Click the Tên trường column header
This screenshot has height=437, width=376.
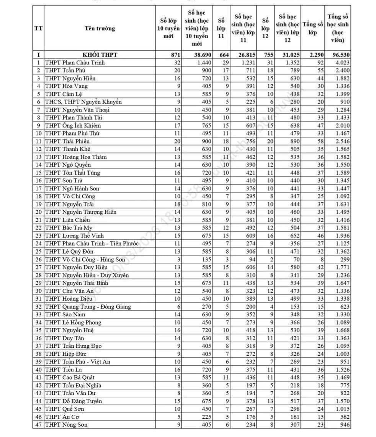click(100, 28)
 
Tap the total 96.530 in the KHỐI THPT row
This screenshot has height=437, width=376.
click(338, 55)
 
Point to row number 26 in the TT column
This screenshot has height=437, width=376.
click(38, 259)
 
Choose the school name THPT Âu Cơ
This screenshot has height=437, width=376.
click(62, 417)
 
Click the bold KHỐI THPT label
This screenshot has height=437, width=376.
click(100, 55)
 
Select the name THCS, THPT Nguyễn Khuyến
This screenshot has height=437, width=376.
click(83, 102)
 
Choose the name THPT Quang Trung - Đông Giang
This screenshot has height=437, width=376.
click(88, 306)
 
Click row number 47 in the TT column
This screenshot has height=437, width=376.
click(38, 424)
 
